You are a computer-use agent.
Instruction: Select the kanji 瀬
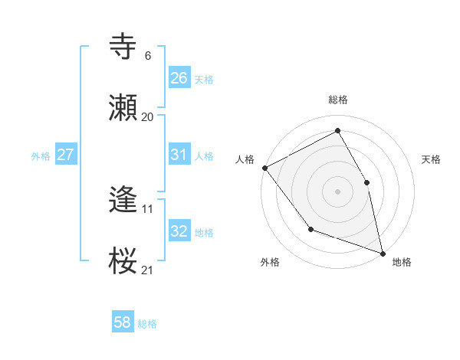123,109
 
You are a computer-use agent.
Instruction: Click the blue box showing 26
179,78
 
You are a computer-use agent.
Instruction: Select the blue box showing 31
179,155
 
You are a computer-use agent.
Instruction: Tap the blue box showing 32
179,231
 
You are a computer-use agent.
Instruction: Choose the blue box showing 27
66,155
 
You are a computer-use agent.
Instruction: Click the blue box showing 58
122,322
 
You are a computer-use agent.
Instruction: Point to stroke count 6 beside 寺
147,56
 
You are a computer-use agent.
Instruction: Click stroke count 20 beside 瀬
147,117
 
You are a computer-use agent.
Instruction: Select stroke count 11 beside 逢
147,208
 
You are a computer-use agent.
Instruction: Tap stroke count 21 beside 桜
147,270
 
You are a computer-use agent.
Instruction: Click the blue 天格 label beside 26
203,80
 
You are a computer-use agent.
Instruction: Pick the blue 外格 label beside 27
41,156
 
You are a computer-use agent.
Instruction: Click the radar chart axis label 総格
338,100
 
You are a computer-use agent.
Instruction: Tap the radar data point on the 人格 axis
264,168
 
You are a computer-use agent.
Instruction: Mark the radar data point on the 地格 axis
382,252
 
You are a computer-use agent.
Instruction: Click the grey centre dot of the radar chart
337,191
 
